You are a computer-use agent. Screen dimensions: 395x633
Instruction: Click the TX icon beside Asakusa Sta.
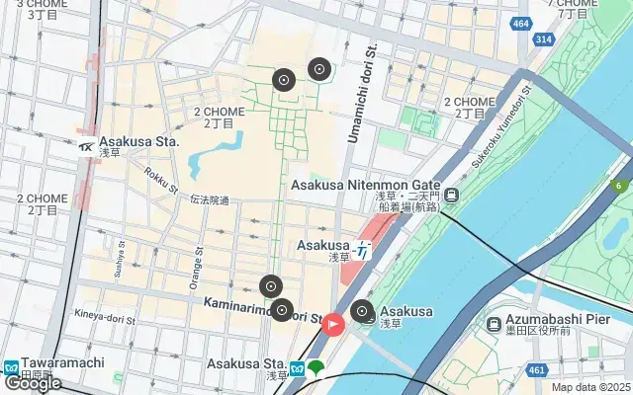point(86,147)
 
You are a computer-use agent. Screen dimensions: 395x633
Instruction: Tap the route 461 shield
point(537,370)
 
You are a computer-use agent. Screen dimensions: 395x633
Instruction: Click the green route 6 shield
point(620,185)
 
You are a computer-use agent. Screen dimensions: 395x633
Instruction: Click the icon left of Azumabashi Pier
point(494,324)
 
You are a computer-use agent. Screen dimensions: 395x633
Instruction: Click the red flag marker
point(333,323)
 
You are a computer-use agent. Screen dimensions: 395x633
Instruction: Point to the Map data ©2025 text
point(590,388)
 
